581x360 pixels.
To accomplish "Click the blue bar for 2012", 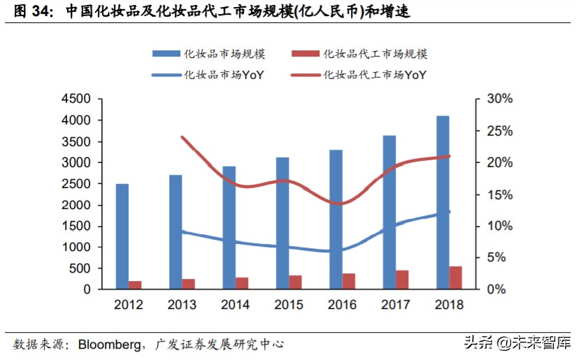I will pos(122,236).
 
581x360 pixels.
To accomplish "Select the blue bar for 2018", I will pos(443,202).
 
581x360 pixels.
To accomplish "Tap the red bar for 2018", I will pos(456,278).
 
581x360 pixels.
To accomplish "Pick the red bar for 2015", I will pos(296,282).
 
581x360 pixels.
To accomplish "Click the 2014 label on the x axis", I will pos(236,305).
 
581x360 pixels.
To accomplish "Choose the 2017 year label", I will pos(396,305).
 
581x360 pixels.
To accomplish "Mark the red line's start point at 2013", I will pos(182,137).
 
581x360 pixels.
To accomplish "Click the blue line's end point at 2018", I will pos(449,212).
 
